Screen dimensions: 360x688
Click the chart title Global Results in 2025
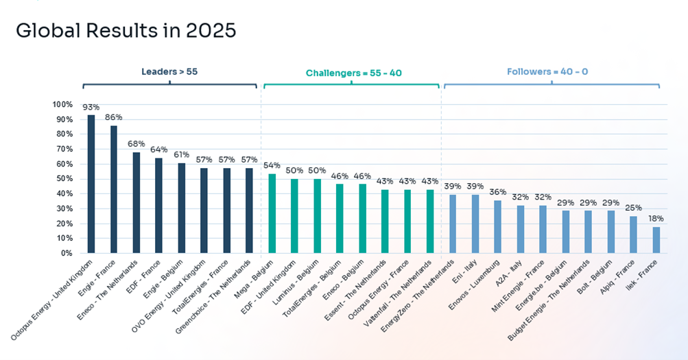click(126, 31)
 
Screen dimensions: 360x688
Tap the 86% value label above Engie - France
click(113, 117)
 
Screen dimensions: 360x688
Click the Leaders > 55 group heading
click(169, 71)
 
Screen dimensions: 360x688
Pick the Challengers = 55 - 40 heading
click(351, 72)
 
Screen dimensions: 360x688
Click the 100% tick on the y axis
click(62, 104)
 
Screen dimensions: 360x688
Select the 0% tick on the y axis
click(67, 253)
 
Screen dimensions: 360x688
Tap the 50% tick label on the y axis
click(64, 179)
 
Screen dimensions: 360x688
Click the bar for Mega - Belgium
click(272, 213)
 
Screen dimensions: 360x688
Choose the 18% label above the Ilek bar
click(656, 218)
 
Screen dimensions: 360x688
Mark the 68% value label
click(137, 144)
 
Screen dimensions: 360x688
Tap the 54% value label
click(272, 165)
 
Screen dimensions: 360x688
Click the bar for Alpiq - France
click(633, 235)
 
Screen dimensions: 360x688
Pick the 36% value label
click(497, 192)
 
